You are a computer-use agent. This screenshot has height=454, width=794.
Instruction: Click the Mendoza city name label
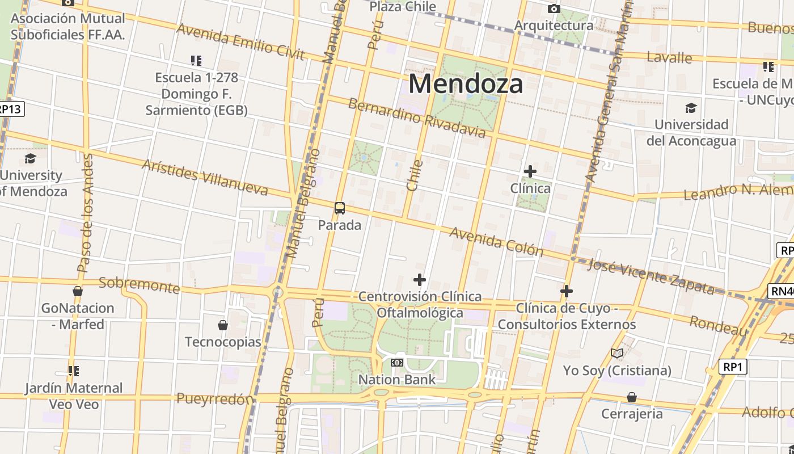[x=466, y=84]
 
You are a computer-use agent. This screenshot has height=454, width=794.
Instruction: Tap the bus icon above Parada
[x=340, y=208]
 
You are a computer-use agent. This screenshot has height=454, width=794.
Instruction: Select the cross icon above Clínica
[x=530, y=171]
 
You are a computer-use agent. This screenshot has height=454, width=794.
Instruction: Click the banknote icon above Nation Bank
[x=397, y=362]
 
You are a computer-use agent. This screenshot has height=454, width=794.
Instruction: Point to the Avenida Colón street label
[x=496, y=242]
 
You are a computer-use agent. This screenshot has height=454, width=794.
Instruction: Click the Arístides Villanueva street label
[x=205, y=177]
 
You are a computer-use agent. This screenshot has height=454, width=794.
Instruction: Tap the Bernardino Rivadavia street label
[x=417, y=118]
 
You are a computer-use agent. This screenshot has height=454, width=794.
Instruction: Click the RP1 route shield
[x=733, y=367]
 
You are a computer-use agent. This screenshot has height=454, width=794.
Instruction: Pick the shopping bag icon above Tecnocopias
[x=223, y=325]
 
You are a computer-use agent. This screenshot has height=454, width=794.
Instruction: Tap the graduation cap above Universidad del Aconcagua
[x=691, y=108]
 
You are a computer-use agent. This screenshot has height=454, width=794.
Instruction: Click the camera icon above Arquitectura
[x=554, y=9]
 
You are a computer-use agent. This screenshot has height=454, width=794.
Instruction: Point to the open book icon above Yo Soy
[x=617, y=354]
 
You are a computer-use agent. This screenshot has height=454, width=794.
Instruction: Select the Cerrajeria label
[x=632, y=414]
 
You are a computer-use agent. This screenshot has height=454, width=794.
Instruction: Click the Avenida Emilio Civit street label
[x=241, y=41]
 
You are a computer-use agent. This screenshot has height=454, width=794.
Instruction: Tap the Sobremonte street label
[x=139, y=285]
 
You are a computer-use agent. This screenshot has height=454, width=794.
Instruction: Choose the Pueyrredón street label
[x=214, y=399]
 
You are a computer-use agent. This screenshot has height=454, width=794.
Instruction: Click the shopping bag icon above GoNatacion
[x=78, y=291]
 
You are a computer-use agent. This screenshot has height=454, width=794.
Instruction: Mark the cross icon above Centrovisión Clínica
[x=420, y=280]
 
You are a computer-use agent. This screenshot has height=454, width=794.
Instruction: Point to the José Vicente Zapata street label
[x=651, y=276]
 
